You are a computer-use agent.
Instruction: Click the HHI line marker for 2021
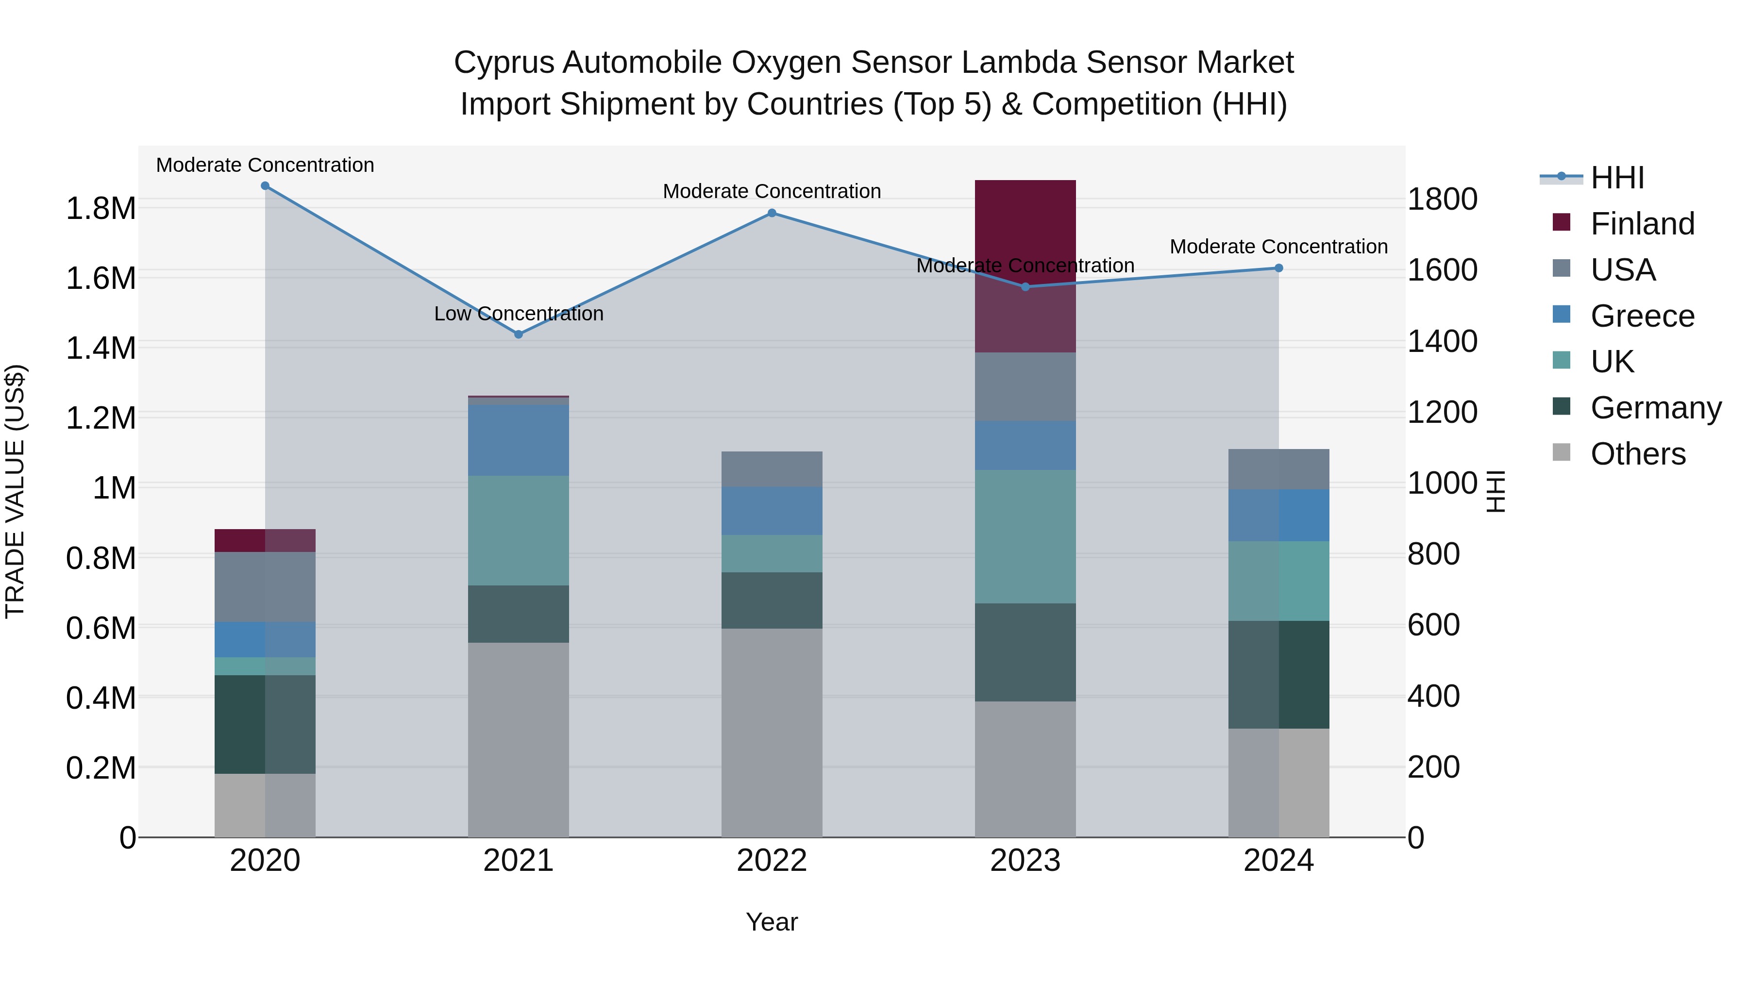519,334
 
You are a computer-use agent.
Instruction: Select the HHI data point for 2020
265,186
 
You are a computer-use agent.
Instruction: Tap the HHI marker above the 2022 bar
772,213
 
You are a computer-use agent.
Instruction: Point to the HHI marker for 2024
1278,268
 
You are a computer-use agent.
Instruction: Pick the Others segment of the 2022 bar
772,732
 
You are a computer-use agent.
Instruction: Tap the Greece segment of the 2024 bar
1278,515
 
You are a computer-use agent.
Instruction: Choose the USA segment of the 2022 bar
772,469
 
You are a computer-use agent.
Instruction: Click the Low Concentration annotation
519,314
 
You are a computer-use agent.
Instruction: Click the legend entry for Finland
1642,224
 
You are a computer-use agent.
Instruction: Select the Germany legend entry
1655,408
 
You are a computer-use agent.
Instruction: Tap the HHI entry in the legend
1617,178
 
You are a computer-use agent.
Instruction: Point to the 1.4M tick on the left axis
101,348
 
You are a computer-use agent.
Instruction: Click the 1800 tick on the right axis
1442,200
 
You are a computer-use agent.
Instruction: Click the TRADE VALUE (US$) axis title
16,491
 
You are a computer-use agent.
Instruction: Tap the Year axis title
772,922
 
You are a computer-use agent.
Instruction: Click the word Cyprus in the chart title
503,63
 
